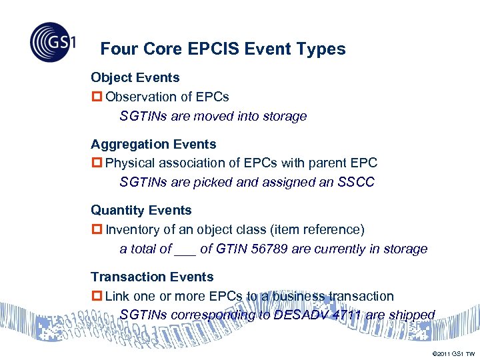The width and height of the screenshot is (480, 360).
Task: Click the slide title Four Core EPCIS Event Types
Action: (223, 49)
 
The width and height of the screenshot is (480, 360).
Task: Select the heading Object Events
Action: (135, 77)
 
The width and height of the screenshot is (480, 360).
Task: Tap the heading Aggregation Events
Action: (153, 144)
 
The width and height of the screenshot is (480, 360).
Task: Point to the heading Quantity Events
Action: (141, 210)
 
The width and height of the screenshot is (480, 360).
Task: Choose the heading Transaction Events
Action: (152, 277)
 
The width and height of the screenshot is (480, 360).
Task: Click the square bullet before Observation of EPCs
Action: (97, 97)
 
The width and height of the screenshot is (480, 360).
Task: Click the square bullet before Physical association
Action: (97, 163)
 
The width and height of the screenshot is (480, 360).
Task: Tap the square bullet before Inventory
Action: (97, 230)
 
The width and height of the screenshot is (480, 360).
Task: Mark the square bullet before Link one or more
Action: (97, 296)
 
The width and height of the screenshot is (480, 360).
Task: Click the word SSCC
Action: (357, 182)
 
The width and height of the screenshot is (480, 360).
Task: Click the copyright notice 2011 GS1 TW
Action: (453, 353)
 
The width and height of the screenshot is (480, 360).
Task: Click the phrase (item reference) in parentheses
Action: (318, 230)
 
